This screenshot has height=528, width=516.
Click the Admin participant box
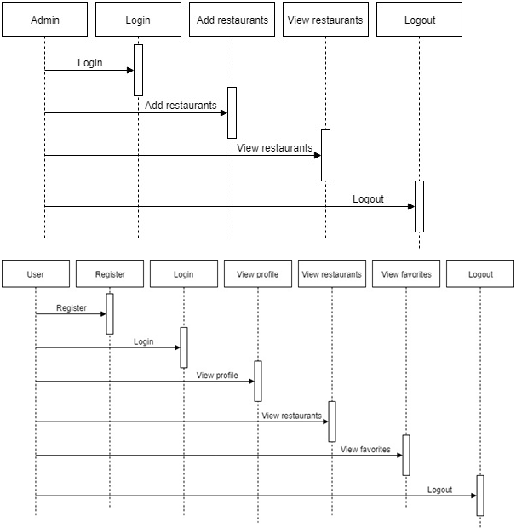[45, 20]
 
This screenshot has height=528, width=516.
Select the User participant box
[36, 273]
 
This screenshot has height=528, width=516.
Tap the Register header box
[110, 273]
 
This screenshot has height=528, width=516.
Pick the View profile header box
[258, 273]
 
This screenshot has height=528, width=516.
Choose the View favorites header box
[406, 273]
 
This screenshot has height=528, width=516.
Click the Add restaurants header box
[232, 20]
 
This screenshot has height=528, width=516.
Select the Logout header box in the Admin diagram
[419, 20]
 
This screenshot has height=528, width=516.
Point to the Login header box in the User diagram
[184, 273]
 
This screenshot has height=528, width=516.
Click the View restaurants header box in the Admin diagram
[325, 20]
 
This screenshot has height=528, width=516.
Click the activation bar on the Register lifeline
[110, 314]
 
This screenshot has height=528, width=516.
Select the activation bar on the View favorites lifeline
[406, 456]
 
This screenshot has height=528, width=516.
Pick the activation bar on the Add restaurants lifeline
[232, 112]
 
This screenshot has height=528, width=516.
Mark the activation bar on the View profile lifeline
[258, 382]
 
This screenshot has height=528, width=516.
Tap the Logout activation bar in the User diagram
[480, 496]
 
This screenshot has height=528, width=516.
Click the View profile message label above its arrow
[217, 375]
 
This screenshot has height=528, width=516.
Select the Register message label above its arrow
[72, 307]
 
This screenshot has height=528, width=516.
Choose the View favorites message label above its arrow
[365, 449]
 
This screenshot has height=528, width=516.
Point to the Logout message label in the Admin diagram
[368, 199]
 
